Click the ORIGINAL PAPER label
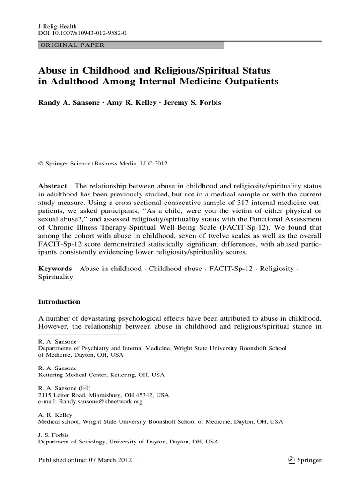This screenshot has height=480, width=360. [x=70, y=45]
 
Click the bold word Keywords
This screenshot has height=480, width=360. [x=55, y=269]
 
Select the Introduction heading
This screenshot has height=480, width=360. [x=59, y=302]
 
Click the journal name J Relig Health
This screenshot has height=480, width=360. [x=57, y=27]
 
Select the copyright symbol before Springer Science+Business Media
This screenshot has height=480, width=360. [x=40, y=164]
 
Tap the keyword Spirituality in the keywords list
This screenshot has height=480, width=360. [x=55, y=277]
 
